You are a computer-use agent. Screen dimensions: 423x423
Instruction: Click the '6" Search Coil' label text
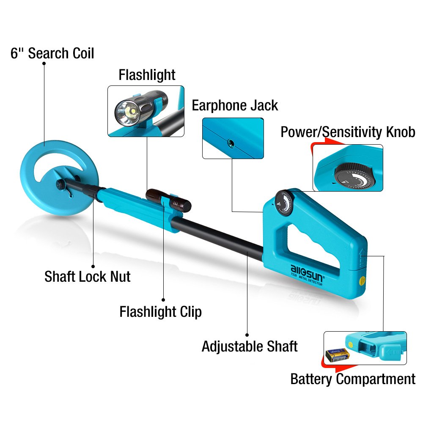pos(52,53)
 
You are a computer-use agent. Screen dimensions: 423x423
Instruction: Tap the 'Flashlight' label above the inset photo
pos(147,75)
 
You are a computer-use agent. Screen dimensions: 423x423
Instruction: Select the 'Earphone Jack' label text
pos(235,105)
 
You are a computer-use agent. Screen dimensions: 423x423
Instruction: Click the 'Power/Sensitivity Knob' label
pos(348,132)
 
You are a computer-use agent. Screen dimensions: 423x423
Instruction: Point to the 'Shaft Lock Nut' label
pos(88,277)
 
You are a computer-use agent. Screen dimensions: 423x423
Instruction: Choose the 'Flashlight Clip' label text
pos(160,312)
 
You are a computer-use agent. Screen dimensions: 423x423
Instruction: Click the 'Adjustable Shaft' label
pos(250,346)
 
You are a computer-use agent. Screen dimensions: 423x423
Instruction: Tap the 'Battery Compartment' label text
pos(353,379)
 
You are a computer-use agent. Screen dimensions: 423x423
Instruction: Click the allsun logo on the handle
pos(307,275)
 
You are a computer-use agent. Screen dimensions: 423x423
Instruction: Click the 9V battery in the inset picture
pos(338,355)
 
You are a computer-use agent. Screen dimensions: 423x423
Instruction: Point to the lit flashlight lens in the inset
pos(127,113)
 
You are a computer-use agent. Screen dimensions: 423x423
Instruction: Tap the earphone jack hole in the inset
pos(231,143)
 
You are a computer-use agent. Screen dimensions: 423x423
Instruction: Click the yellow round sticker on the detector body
pos(363,281)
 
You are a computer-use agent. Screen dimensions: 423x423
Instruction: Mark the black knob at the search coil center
pos(61,184)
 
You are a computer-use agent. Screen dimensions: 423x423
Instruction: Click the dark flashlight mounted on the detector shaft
pos(168,200)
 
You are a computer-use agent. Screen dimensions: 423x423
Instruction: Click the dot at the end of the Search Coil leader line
pos(44,63)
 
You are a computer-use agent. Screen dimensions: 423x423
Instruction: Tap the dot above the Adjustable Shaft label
pos(247,335)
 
